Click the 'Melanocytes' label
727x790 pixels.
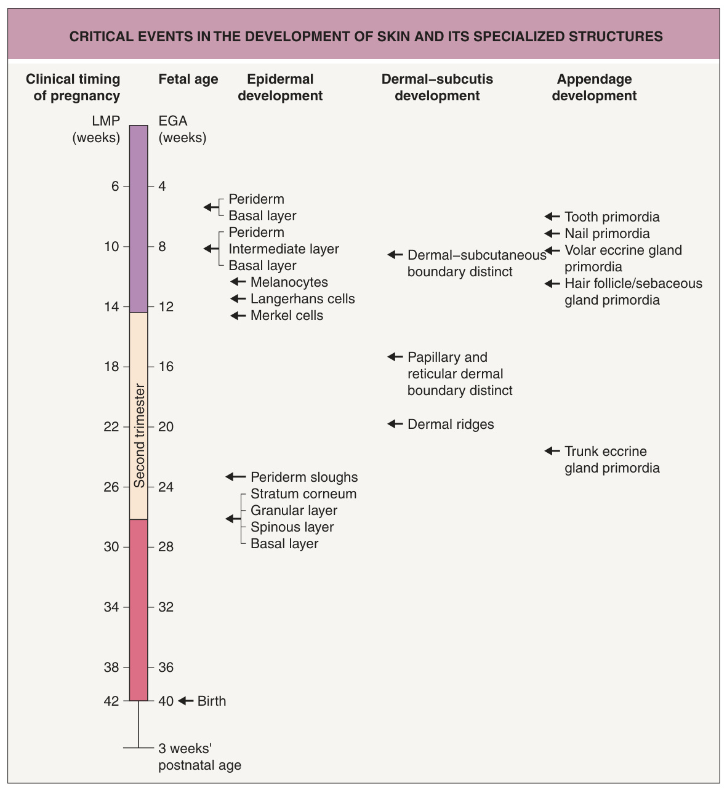pos(289,282)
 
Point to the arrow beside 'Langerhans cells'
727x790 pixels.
pos(238,298)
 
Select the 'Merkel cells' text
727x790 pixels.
pos(286,316)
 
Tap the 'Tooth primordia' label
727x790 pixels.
pos(611,217)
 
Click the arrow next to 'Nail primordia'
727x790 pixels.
pos(552,234)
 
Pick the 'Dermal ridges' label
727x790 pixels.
pos(451,424)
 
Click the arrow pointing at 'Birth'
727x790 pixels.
pos(185,701)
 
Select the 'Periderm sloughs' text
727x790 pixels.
pos(304,477)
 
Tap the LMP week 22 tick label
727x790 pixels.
pos(111,426)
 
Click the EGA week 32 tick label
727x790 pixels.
pos(166,607)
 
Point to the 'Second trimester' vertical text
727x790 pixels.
pos(139,436)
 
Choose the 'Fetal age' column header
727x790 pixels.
pos(188,79)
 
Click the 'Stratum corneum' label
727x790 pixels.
pos(303,494)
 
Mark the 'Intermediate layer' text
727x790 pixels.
pos(283,249)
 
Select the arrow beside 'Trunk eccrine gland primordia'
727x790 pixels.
pos(552,451)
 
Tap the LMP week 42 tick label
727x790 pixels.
pos(111,701)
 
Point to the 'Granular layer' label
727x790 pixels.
pos(294,511)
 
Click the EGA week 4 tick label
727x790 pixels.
pos(162,186)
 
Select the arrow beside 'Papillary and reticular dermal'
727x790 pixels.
pos(395,357)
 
